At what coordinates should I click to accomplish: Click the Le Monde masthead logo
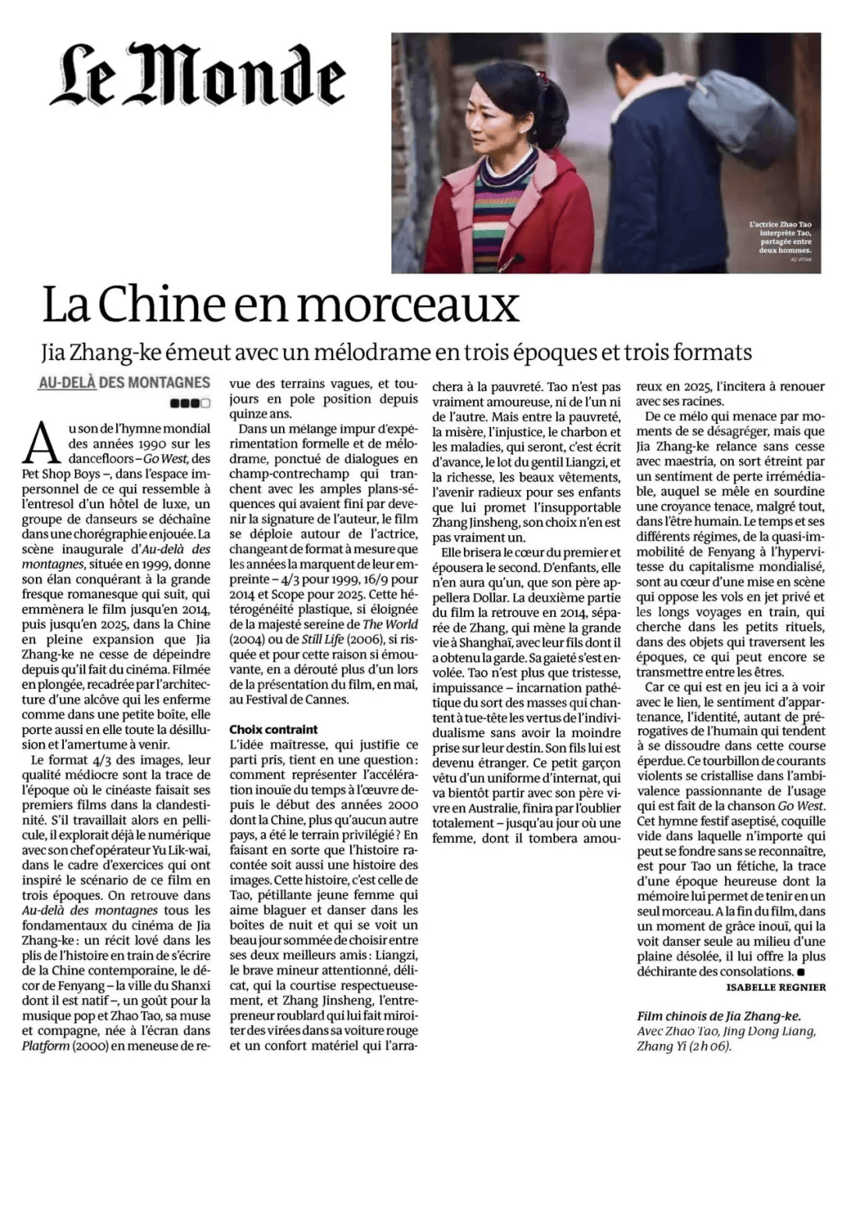(x=198, y=75)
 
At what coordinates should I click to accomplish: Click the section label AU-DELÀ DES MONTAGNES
(x=124, y=383)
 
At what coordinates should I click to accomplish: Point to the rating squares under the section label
(x=189, y=403)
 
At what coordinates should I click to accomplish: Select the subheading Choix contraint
(x=273, y=729)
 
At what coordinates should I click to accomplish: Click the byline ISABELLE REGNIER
(x=775, y=987)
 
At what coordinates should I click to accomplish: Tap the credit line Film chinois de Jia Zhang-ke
(x=719, y=1015)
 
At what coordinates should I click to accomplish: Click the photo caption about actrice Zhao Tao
(x=780, y=237)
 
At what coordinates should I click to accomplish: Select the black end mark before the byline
(x=801, y=972)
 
